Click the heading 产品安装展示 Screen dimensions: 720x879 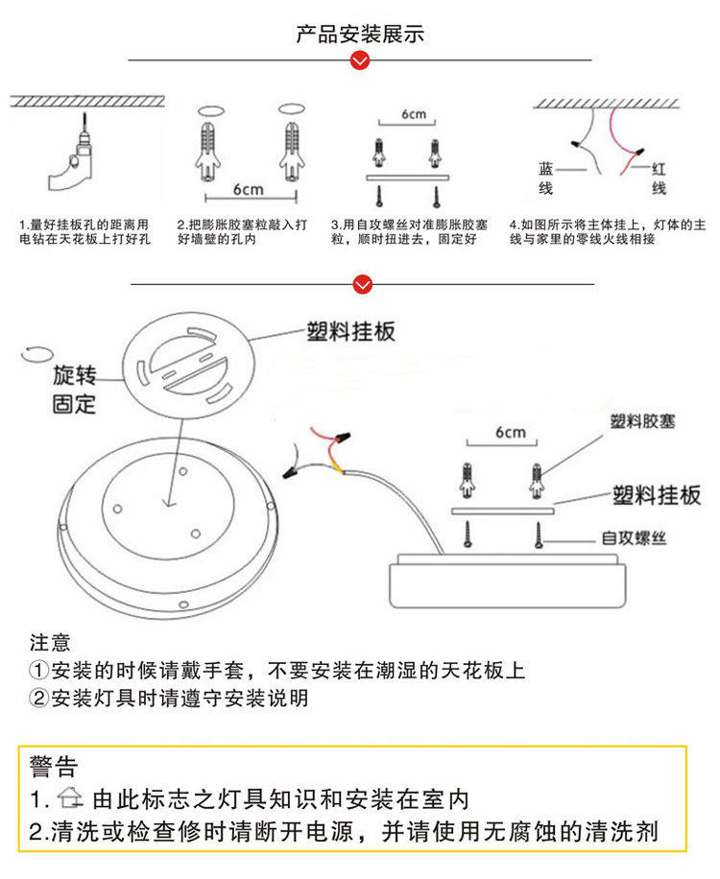coord(360,36)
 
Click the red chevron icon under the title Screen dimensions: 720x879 coord(360,61)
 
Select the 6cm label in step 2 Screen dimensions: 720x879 coord(248,189)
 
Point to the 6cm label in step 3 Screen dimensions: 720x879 coord(414,114)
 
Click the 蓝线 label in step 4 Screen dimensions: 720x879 coord(545,178)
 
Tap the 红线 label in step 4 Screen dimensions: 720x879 coord(659,178)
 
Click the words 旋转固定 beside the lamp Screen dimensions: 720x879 coord(74,389)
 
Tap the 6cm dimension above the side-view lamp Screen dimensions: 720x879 coord(511,433)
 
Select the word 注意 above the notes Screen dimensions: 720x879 coord(50,642)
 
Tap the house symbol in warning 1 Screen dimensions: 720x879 coord(71,798)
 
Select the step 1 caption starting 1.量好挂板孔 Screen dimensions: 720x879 coord(85,231)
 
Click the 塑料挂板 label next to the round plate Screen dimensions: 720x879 coord(350,332)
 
